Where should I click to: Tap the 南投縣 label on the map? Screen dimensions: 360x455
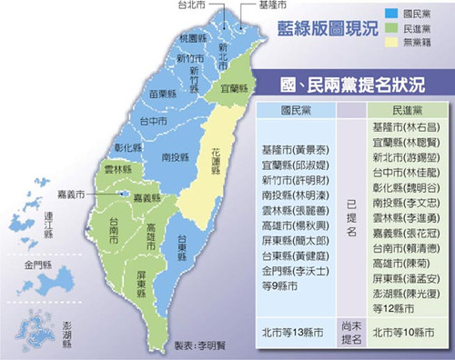[176, 156]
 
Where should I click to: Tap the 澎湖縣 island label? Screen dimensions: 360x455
[66, 335]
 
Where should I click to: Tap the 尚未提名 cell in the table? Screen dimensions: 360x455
[352, 334]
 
